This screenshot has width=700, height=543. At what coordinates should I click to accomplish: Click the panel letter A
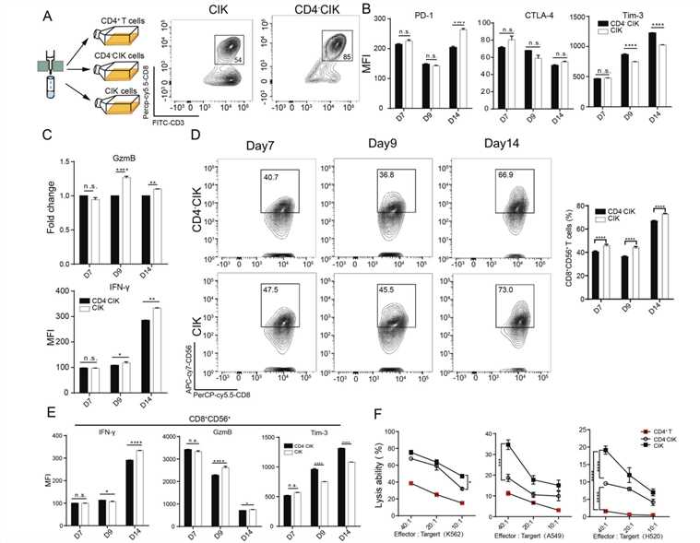point(11,12)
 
